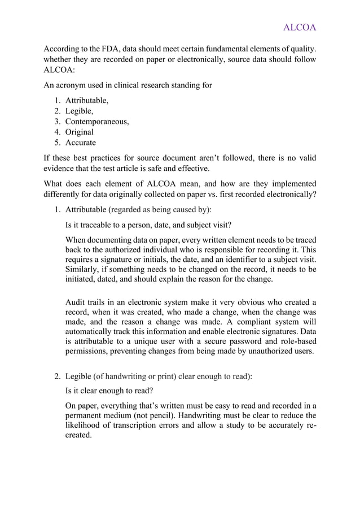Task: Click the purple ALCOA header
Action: (299, 28)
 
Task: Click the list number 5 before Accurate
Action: (58, 143)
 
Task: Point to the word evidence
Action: (62, 169)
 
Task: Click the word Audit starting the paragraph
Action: (77, 301)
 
